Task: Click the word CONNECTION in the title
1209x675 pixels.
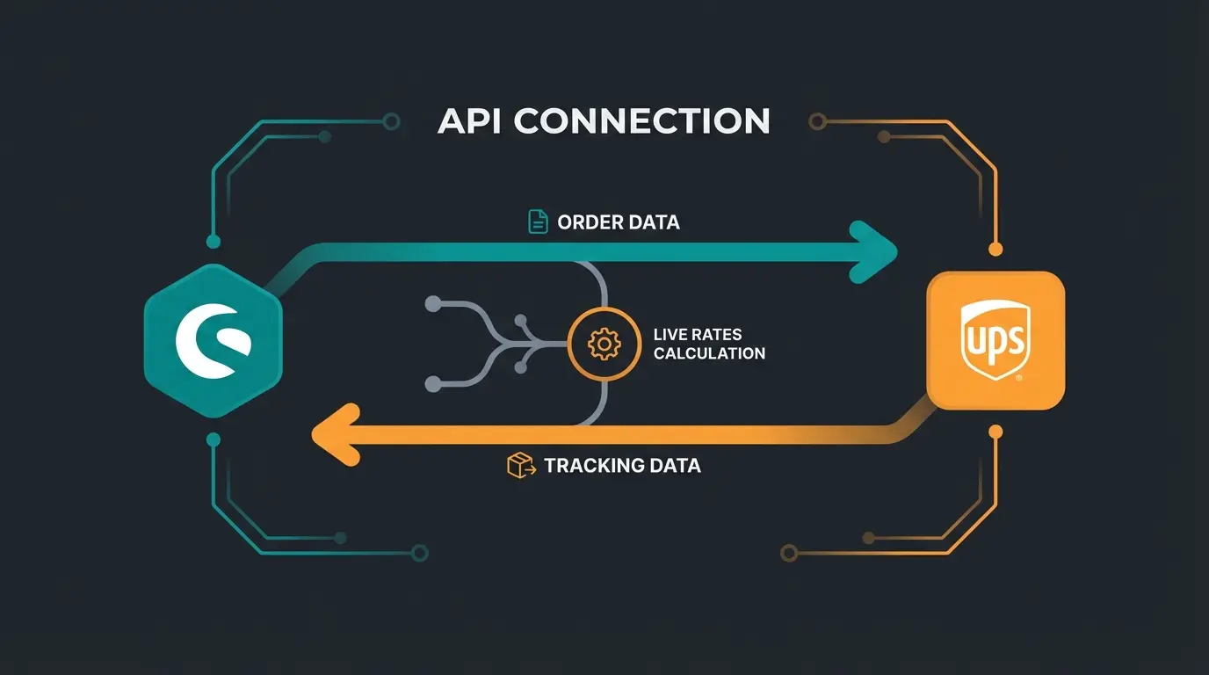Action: click(642, 120)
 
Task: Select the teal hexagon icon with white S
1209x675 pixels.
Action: click(213, 340)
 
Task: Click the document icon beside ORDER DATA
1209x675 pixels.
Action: click(538, 221)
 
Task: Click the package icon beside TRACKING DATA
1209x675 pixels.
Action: click(521, 465)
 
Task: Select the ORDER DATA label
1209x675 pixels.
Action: click(619, 222)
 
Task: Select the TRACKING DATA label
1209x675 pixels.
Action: click(622, 465)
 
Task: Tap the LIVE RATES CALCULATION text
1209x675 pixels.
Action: click(709, 344)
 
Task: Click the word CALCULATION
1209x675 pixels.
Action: click(709, 353)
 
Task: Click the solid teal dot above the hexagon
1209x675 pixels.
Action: click(212, 241)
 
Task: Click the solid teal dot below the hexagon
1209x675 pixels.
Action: click(212, 439)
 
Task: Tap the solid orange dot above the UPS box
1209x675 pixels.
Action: click(995, 250)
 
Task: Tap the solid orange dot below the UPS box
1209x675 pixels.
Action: click(995, 432)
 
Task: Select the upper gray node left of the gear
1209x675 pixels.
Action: click(432, 304)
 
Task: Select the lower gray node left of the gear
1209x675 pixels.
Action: click(432, 383)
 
